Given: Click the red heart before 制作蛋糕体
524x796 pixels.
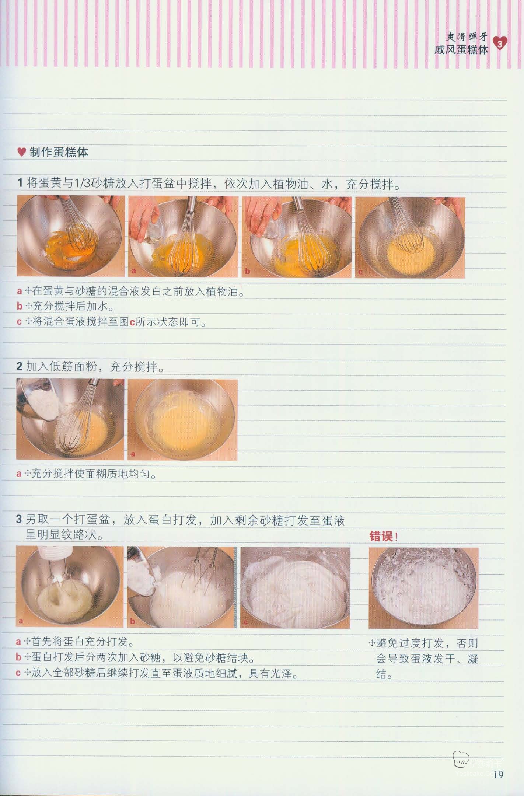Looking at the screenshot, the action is (22, 152).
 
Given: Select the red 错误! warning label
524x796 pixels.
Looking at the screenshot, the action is (383, 536).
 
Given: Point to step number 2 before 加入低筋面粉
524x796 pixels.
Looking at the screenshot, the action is (20, 367).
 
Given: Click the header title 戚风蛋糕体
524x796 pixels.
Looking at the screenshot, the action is (461, 50).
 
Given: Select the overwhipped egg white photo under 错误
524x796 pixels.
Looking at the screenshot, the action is (423, 588).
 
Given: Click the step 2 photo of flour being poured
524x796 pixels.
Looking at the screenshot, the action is (70, 419).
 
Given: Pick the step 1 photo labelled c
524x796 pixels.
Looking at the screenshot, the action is (410, 237).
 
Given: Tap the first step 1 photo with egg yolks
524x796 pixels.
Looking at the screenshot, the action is (71, 236).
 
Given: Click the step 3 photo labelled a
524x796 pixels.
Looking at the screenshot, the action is (70, 587).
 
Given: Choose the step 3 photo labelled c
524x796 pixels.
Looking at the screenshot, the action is (296, 587).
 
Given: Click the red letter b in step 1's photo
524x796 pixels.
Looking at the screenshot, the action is (248, 271).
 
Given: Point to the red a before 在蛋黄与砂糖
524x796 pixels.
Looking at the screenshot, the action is (20, 291).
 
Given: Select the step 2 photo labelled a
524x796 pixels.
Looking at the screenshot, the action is (182, 420).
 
